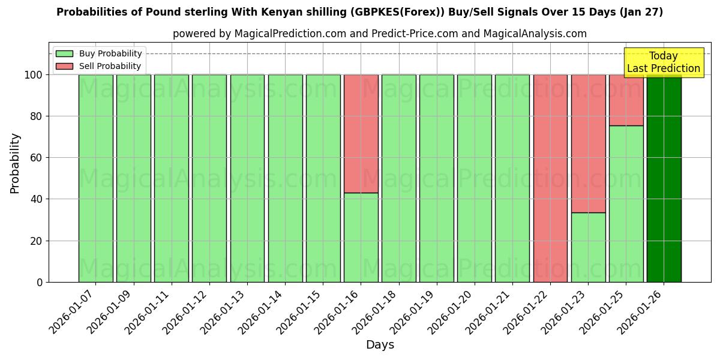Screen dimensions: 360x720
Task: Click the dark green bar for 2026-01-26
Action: (664, 178)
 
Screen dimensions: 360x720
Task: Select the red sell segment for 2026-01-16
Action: (361, 133)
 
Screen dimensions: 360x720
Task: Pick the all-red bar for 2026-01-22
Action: (550, 178)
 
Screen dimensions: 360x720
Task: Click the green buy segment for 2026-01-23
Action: (588, 247)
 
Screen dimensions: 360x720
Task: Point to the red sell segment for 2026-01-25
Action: (626, 100)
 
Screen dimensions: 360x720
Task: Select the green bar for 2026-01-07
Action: (95, 178)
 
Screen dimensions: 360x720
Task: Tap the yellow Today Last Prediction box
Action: (663, 62)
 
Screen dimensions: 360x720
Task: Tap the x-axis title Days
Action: (380, 345)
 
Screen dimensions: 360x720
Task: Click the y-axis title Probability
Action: (15, 163)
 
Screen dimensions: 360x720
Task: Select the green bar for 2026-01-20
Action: (474, 178)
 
